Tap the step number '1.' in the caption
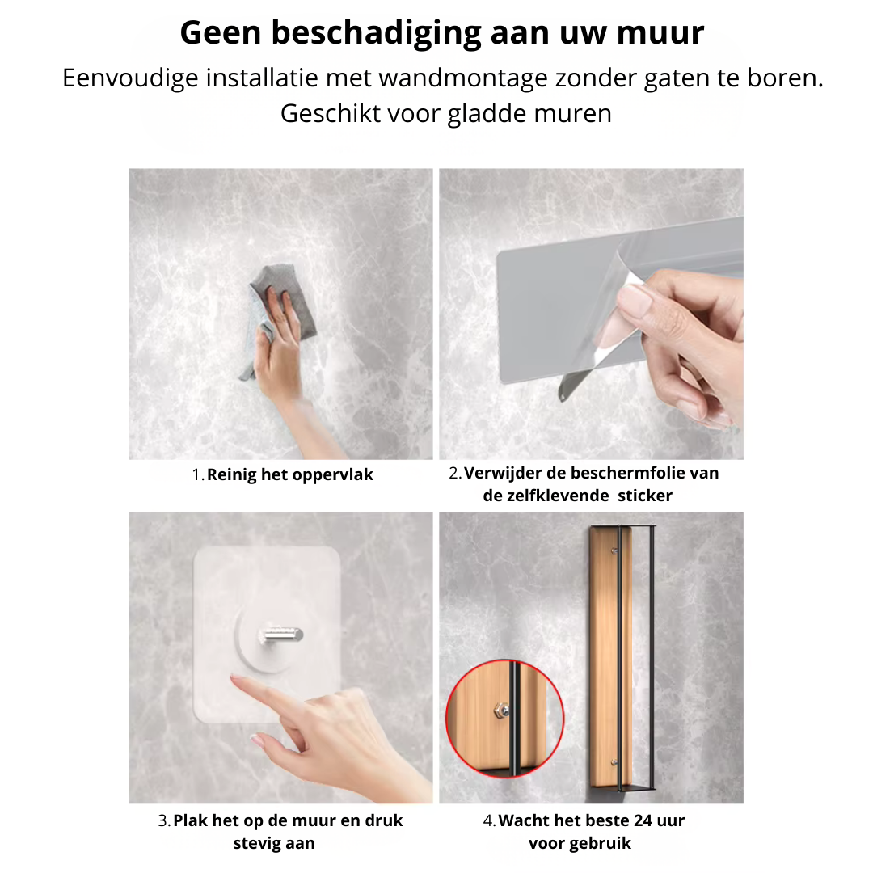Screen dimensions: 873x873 coord(198,475)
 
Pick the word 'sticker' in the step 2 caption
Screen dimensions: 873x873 coord(645,496)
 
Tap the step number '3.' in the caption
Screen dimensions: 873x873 coord(164,821)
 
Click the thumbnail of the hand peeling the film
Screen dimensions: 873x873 coord(591,314)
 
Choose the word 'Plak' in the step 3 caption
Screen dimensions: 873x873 coord(191,821)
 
